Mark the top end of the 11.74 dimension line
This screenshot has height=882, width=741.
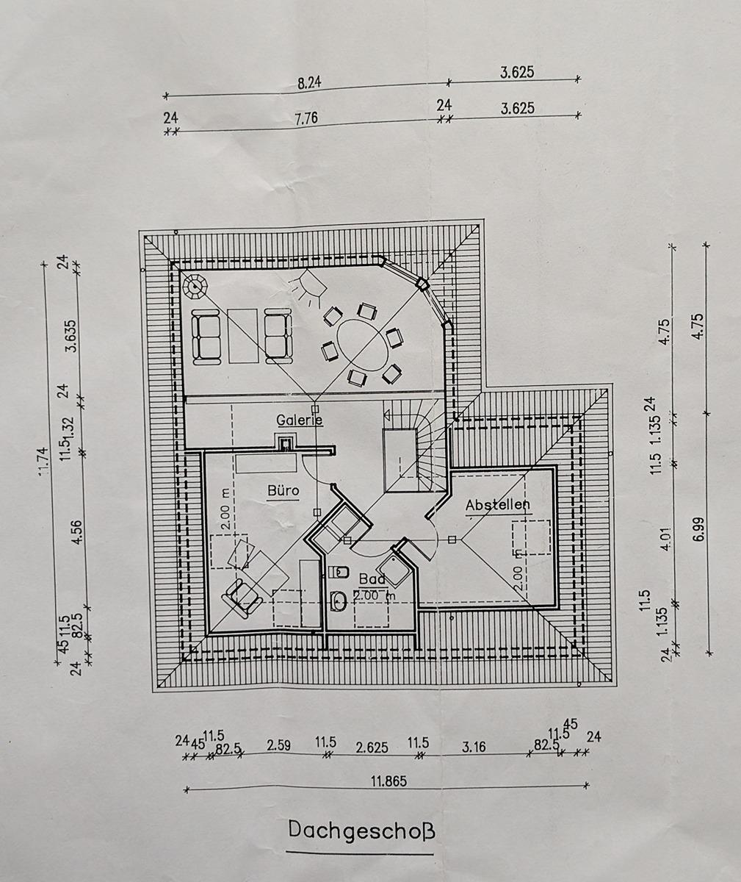point(44,265)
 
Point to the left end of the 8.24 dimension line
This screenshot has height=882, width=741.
point(166,96)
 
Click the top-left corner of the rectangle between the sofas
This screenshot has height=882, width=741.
point(228,309)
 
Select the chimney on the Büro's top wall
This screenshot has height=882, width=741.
point(286,442)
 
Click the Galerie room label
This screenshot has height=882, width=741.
point(299,420)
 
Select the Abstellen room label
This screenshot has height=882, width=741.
point(497,505)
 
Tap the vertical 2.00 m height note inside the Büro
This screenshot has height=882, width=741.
point(225,509)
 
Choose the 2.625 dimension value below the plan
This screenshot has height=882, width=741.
point(372,747)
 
